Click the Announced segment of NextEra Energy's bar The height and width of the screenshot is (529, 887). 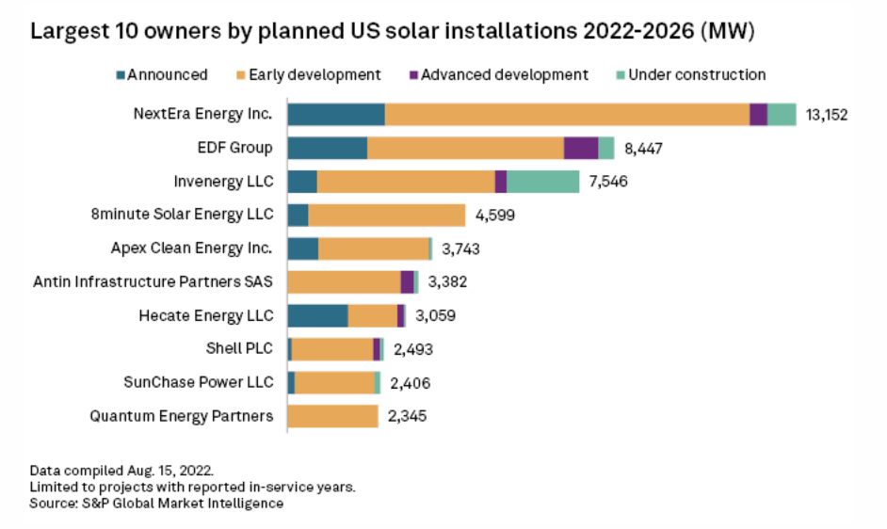point(336,115)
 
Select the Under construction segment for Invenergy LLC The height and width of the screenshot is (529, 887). point(542,182)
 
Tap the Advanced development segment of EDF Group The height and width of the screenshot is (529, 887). point(580,148)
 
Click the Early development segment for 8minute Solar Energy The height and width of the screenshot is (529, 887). point(386,215)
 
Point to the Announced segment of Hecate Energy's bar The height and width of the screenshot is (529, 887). point(317,315)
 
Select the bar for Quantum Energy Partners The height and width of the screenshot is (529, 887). point(332,416)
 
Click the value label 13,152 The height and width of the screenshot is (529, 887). point(827,115)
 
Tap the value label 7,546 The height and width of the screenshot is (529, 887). point(608,182)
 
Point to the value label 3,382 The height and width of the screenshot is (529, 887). point(447,281)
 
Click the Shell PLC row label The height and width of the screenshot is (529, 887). point(239,348)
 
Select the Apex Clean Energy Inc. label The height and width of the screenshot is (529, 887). point(192,248)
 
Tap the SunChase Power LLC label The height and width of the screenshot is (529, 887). point(199,382)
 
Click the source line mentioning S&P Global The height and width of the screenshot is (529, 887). point(156,504)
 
